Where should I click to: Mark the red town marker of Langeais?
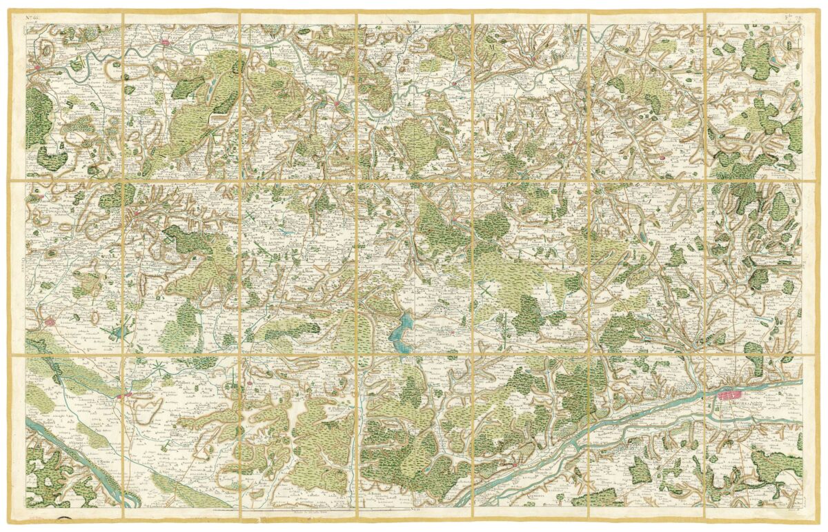click(x=515, y=466)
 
